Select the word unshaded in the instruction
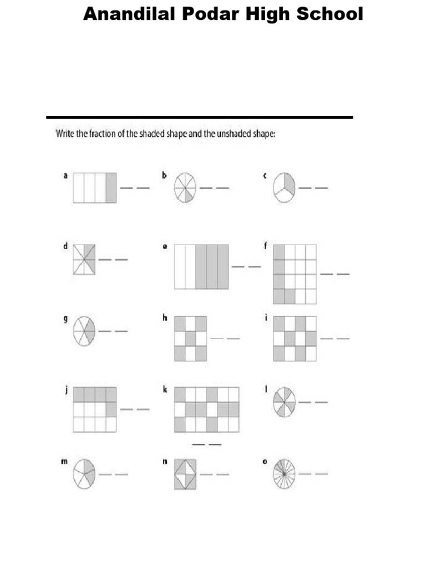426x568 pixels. click(232, 134)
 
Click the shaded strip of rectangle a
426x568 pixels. click(111, 187)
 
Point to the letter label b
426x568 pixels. click(164, 175)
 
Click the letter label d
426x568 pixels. click(65, 247)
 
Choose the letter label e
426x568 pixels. click(165, 247)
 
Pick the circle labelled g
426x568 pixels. click(84, 331)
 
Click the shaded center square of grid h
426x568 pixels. click(190, 338)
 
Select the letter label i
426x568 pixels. click(265, 318)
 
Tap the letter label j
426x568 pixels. click(65, 390)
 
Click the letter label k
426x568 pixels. click(165, 390)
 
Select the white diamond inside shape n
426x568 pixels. click(185, 474)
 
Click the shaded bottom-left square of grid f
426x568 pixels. click(278, 296)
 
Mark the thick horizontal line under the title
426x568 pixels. click(200, 117)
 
